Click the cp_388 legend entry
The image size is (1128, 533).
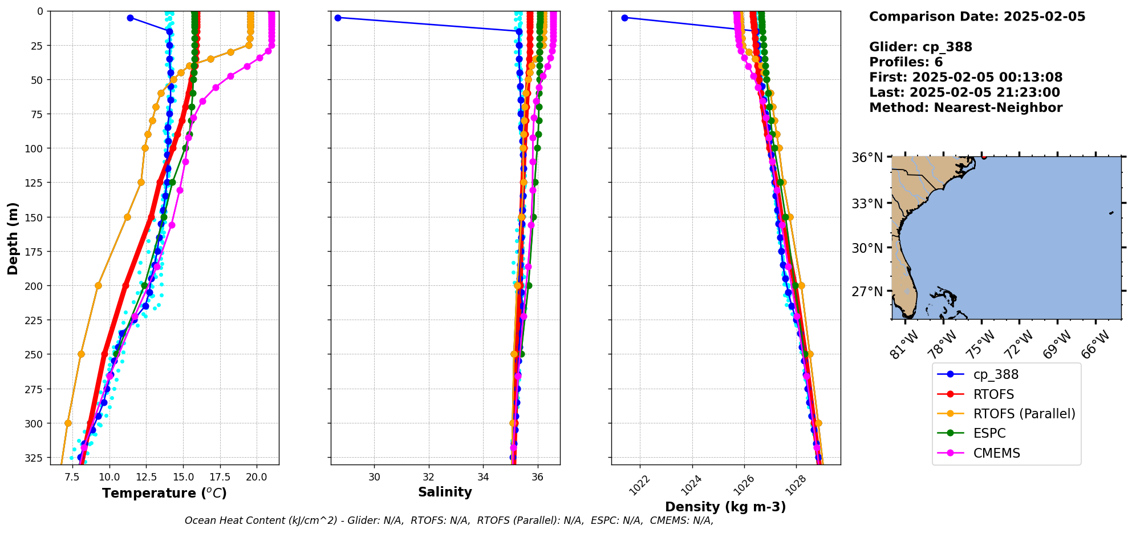click(x=995, y=374)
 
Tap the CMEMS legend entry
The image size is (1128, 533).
click(x=996, y=453)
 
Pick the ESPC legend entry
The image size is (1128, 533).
click(x=989, y=433)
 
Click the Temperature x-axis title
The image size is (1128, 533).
click(x=164, y=493)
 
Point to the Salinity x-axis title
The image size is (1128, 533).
click(x=445, y=492)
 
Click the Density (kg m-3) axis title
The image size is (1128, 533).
click(x=725, y=507)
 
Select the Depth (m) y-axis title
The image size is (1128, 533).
click(x=13, y=238)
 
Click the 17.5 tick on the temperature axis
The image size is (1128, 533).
click(x=220, y=476)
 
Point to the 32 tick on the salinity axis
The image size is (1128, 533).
click(x=429, y=476)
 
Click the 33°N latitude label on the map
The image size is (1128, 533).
click(x=867, y=204)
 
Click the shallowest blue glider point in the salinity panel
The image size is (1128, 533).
click(x=338, y=18)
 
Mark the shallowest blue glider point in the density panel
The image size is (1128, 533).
click(x=624, y=18)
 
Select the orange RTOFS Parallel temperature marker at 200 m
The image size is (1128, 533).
click(x=98, y=285)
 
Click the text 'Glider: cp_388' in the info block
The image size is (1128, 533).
click(x=920, y=47)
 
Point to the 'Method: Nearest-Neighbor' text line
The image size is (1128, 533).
click(x=965, y=108)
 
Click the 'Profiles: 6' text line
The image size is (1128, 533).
click(x=906, y=62)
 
